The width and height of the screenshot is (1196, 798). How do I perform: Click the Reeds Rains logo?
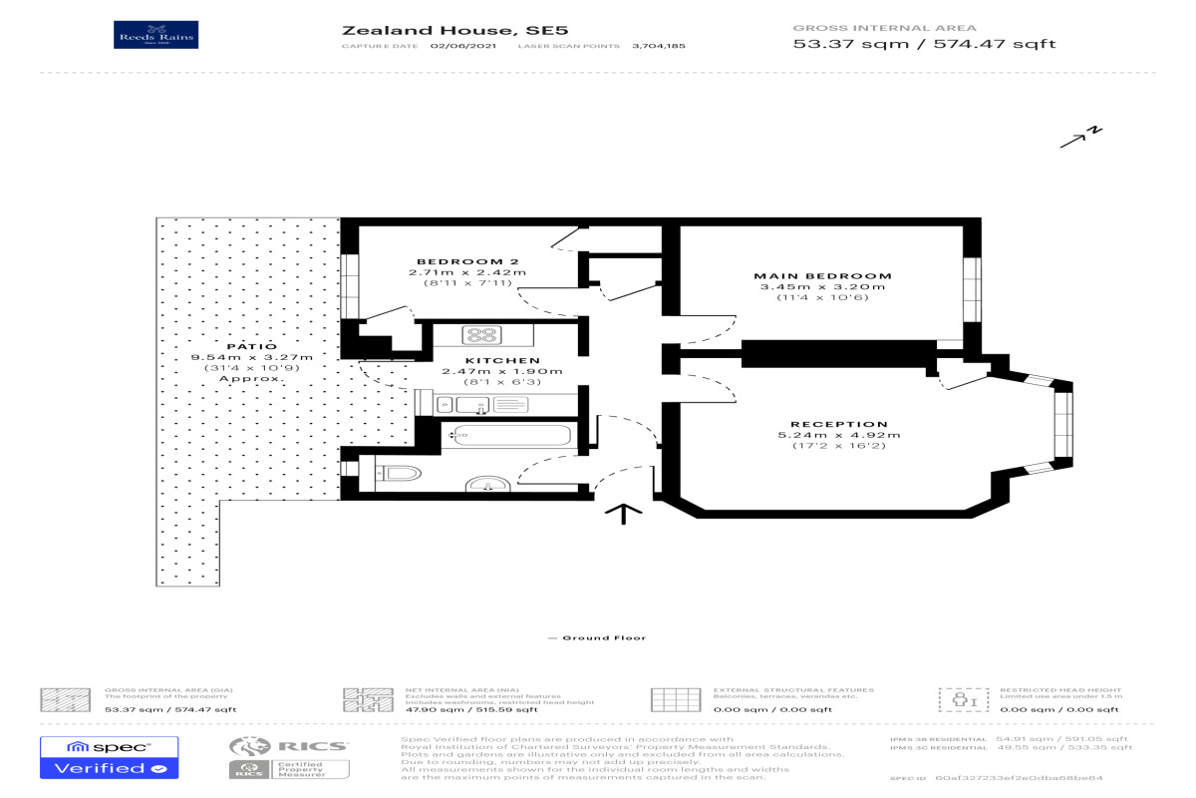point(157,35)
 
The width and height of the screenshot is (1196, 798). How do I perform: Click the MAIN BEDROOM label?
point(822,275)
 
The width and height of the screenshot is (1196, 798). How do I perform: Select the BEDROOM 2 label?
point(454,260)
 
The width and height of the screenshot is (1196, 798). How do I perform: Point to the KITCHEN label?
point(502,360)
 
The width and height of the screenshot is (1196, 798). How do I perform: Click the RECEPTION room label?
point(838,424)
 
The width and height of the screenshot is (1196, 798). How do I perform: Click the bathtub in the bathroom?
point(511,434)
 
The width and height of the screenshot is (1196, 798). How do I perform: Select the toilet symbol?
point(401,472)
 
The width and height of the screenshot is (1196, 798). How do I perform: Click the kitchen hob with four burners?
point(483,335)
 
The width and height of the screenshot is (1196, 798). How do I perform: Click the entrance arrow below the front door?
point(623,513)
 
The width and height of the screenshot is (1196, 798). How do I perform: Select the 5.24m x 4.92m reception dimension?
point(838,435)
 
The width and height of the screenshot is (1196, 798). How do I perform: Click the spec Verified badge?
point(109,758)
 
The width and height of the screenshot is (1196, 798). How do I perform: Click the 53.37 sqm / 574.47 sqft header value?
point(924,44)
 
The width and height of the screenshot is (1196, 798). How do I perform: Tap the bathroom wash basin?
point(487,485)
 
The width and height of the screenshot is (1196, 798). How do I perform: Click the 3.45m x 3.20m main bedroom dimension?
point(822,287)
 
